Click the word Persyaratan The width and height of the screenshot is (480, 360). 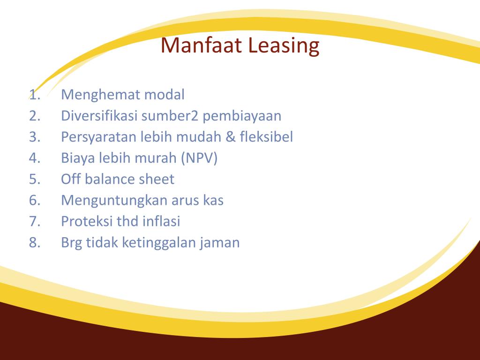[99, 137]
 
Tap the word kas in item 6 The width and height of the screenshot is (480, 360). [213, 200]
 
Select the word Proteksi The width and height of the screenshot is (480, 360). [87, 221]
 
